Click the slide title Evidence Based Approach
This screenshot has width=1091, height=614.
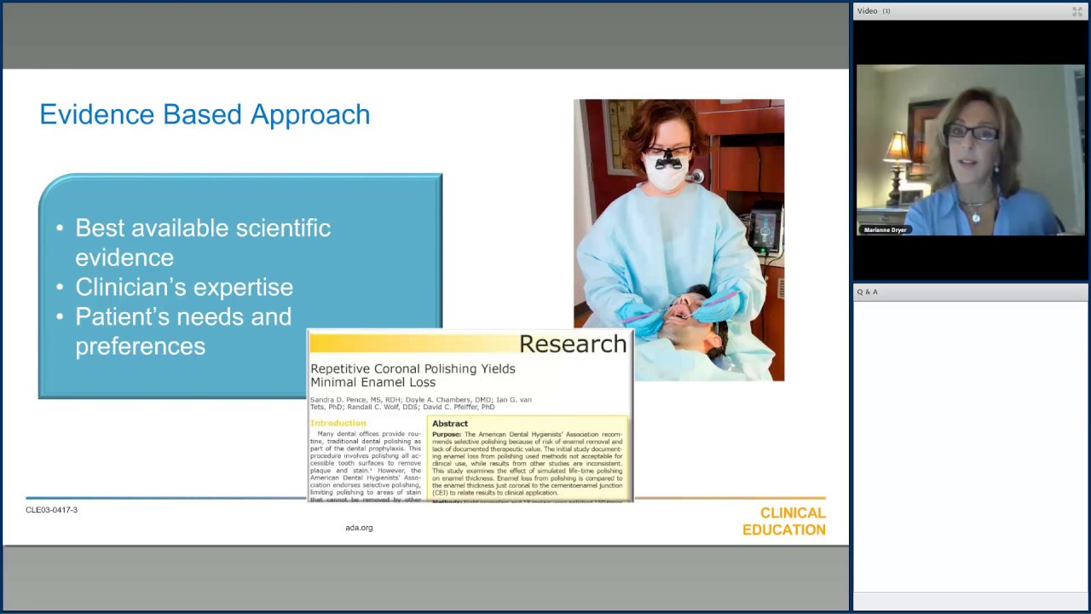[x=205, y=114]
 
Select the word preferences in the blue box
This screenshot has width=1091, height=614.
[x=140, y=346]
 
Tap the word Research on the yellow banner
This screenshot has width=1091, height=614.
[x=572, y=344]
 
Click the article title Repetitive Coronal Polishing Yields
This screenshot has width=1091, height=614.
[x=413, y=368]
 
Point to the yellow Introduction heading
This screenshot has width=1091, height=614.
[x=338, y=423]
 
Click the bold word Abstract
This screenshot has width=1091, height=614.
[x=449, y=424]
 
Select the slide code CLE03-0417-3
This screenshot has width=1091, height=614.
[x=51, y=510]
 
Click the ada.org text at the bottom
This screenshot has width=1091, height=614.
[x=359, y=528]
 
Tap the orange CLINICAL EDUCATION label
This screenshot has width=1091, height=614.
[x=783, y=521]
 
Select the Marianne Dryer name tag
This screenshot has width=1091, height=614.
[x=885, y=230]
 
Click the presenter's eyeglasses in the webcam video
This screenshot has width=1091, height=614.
[x=972, y=133]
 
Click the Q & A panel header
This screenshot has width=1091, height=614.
[x=867, y=292]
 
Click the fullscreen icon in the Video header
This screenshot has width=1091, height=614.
[x=1077, y=11]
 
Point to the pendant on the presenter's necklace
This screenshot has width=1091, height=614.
[x=975, y=218]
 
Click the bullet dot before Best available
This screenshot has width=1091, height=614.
[x=60, y=229]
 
